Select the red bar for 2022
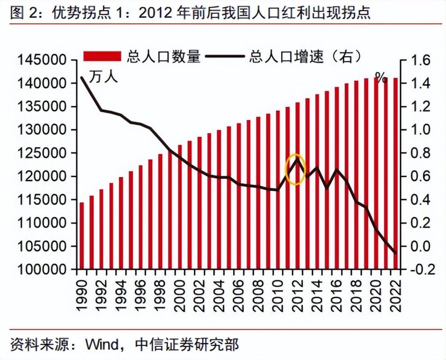tap(395, 173)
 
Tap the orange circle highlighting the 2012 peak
tap(296, 169)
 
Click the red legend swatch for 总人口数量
tap(103, 57)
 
